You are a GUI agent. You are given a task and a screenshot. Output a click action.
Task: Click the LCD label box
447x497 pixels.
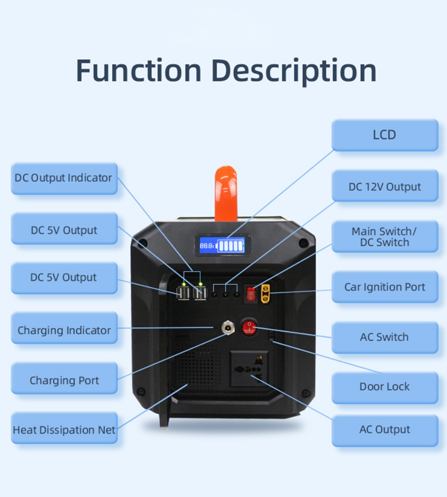tap(385, 135)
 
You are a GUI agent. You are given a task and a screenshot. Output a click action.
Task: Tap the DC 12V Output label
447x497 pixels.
tap(385, 187)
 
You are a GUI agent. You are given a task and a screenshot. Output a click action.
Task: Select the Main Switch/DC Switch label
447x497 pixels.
tap(385, 237)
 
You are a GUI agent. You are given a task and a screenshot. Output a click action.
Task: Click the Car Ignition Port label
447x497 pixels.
tap(385, 287)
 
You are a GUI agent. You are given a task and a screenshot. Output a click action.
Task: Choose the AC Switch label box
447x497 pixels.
tap(385, 337)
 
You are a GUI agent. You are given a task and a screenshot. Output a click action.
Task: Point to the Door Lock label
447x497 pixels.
tap(385, 387)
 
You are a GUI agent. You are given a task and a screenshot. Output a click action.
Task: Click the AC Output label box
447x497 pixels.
tap(385, 430)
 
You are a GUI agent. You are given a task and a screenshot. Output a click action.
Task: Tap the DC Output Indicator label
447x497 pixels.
tap(64, 178)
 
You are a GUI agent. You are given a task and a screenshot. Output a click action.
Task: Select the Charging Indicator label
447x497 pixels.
tap(64, 330)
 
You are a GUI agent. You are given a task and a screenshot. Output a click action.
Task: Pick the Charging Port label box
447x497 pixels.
tap(64, 380)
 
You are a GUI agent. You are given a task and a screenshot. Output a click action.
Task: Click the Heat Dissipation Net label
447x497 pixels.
tap(64, 430)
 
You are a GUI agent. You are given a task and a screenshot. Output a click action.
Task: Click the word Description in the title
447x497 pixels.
tap(295, 71)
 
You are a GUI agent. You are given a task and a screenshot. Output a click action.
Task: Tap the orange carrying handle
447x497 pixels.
tap(226, 192)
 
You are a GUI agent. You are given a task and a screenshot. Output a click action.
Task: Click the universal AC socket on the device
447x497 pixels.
tap(249, 369)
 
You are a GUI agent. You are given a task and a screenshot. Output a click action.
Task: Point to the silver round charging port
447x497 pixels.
tap(227, 327)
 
